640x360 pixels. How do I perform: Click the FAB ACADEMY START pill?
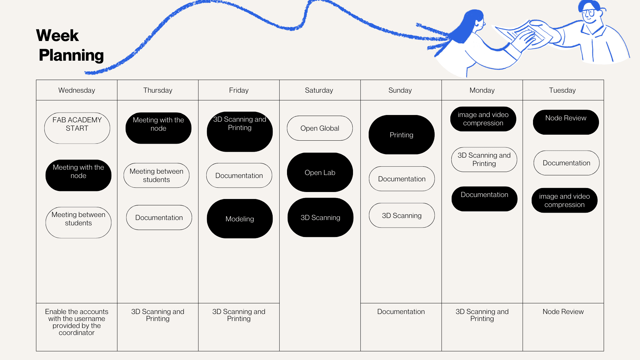(77, 128)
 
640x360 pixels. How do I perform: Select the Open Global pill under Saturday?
(320, 128)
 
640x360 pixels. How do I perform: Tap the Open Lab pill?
(320, 172)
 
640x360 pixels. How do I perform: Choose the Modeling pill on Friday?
(240, 219)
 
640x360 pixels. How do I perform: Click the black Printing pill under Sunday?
(401, 135)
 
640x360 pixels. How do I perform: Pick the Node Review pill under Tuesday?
(566, 122)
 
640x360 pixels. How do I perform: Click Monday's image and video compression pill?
(483, 119)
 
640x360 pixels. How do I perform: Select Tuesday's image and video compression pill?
(564, 200)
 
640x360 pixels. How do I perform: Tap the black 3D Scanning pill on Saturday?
(320, 217)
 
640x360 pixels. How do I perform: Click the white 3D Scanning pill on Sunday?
(402, 215)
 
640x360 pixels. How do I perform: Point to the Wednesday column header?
(77, 90)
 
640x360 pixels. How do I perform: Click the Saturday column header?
(319, 90)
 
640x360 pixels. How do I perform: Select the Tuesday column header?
(562, 90)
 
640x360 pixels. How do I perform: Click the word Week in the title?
(57, 35)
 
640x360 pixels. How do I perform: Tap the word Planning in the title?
(71, 55)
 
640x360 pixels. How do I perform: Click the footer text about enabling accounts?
(77, 322)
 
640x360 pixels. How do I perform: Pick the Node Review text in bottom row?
(563, 312)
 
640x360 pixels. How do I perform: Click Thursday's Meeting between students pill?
(156, 175)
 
